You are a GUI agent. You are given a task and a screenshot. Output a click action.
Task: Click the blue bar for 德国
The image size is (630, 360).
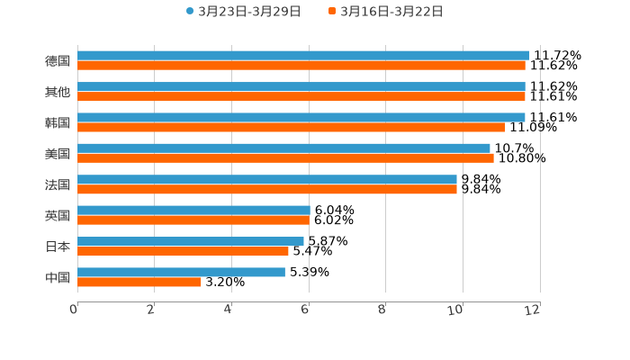303,55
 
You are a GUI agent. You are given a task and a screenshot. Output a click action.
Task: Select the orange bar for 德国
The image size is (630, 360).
301,65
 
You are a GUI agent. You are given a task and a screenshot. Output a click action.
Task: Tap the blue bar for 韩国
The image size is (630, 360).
301,117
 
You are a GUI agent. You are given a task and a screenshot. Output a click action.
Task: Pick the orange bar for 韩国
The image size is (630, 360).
292,127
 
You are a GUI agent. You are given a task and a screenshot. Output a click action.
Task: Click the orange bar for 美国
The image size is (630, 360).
285,157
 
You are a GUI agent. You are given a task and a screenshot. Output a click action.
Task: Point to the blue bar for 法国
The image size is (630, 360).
267,179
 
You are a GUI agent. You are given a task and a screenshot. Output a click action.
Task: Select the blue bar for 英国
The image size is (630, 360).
193,210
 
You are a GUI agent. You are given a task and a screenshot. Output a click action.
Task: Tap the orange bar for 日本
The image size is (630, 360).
183,251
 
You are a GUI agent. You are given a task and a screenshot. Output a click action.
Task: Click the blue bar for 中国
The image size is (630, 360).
181,272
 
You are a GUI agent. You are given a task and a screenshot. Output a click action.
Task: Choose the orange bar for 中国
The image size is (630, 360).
139,282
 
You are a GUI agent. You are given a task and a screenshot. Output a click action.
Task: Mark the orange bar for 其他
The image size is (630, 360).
301,96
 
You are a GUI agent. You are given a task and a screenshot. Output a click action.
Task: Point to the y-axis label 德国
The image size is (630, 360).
58,60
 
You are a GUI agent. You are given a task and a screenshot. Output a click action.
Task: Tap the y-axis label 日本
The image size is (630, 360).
58,247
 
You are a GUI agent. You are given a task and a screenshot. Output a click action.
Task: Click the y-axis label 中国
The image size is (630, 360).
58,277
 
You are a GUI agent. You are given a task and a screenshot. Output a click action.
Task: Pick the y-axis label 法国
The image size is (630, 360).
58,184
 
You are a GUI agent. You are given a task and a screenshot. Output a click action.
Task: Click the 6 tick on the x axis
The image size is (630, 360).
305,310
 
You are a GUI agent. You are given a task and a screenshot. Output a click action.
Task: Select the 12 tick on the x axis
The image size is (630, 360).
533,310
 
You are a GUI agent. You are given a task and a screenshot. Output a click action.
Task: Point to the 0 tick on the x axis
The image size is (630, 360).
74,310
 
